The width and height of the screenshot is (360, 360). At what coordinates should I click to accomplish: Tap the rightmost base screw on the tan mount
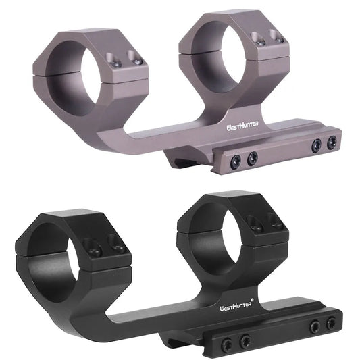click(x=332, y=143)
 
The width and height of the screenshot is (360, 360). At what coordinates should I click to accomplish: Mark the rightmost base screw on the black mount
click(x=331, y=324)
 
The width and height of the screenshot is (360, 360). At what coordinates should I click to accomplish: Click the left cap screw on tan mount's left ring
click(x=115, y=62)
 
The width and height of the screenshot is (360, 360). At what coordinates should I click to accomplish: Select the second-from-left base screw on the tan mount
click(x=252, y=157)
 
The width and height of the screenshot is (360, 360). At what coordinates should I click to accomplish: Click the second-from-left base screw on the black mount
click(x=245, y=339)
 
